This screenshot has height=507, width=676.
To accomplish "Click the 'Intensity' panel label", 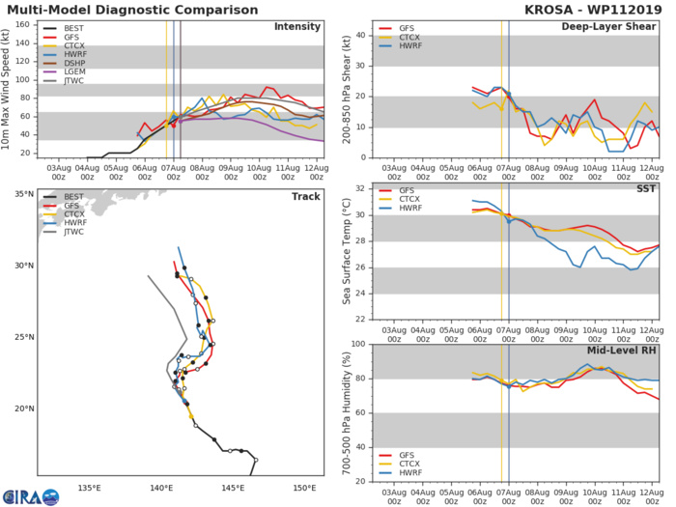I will coord(298,26).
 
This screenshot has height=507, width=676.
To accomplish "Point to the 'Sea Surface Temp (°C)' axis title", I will coord(347,252).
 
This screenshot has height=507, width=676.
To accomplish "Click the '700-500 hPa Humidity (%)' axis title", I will coord(347,412).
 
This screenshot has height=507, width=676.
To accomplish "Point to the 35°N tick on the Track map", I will coord(24,194).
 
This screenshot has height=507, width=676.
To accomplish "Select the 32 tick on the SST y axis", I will coord(361,189).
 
